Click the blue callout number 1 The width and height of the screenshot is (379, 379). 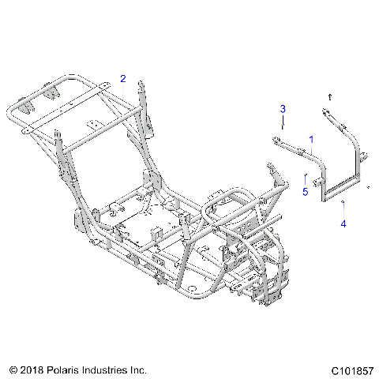click(310, 139)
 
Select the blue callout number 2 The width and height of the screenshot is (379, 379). click(123, 78)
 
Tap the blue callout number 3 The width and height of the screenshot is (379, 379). click(282, 107)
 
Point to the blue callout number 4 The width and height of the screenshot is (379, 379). click(343, 224)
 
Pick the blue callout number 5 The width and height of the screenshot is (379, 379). click(306, 190)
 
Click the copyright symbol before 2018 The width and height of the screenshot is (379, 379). click(13, 368)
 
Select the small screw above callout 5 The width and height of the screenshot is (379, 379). click(306, 177)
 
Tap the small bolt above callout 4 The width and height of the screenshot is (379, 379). click(343, 202)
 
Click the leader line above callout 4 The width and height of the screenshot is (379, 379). click(343, 212)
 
